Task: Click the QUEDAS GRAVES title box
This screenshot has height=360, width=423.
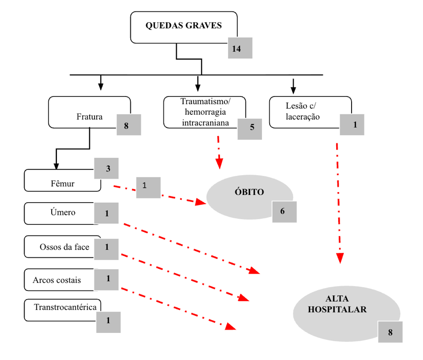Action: click(184, 27)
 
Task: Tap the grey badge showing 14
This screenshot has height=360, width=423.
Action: click(240, 48)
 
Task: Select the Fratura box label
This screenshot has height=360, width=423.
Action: click(90, 117)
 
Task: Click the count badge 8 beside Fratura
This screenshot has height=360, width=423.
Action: click(129, 125)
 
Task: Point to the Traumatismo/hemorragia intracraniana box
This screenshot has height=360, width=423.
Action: click(205, 112)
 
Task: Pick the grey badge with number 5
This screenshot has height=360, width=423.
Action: click(249, 129)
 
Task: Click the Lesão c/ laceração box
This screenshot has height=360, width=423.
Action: click(310, 112)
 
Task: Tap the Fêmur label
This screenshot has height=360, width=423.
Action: click(63, 183)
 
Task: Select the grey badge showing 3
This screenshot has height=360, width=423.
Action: click(106, 168)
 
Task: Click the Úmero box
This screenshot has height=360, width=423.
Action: click(63, 213)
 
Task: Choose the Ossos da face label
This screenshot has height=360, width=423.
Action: click(65, 247)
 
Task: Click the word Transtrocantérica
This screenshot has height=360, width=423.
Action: click(65, 307)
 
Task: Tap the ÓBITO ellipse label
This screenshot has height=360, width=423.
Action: click(249, 192)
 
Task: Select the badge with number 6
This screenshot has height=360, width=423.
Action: click(285, 212)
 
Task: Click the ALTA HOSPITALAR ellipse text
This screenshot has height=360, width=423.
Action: click(337, 304)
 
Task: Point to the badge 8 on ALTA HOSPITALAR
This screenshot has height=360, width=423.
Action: click(390, 332)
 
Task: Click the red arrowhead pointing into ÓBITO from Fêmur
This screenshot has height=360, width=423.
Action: click(201, 202)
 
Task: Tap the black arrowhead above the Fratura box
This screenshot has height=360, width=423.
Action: click(101, 86)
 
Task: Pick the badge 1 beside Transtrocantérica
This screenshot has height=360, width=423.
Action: click(109, 322)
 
